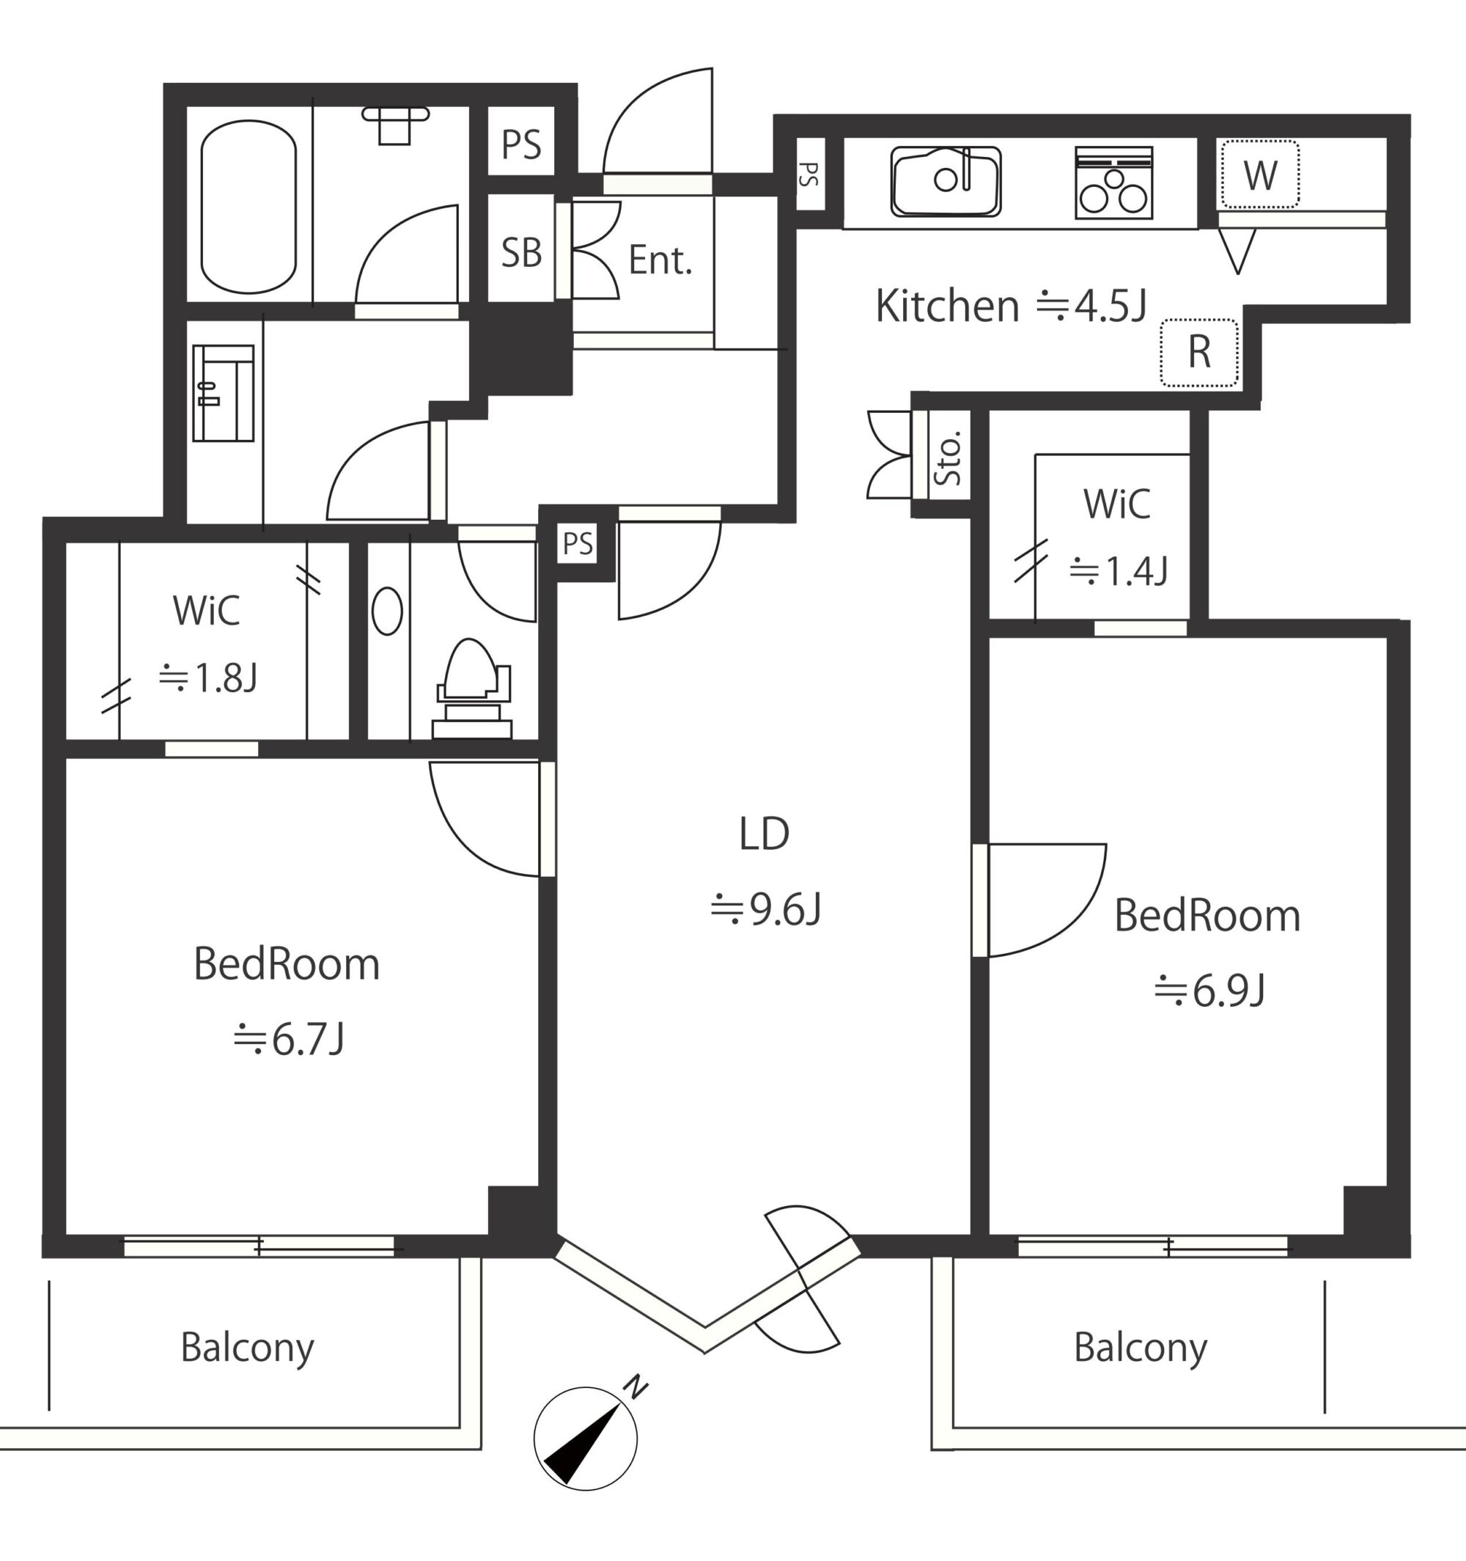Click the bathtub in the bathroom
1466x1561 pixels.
(248, 207)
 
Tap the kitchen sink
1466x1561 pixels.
(946, 181)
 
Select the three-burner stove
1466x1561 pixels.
(1113, 182)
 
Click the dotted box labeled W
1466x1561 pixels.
(1259, 175)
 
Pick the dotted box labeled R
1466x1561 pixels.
(1199, 353)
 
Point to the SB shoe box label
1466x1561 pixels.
(522, 253)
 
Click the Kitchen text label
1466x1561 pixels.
(947, 306)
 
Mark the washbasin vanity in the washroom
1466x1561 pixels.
(223, 392)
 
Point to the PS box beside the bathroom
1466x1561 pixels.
(522, 144)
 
